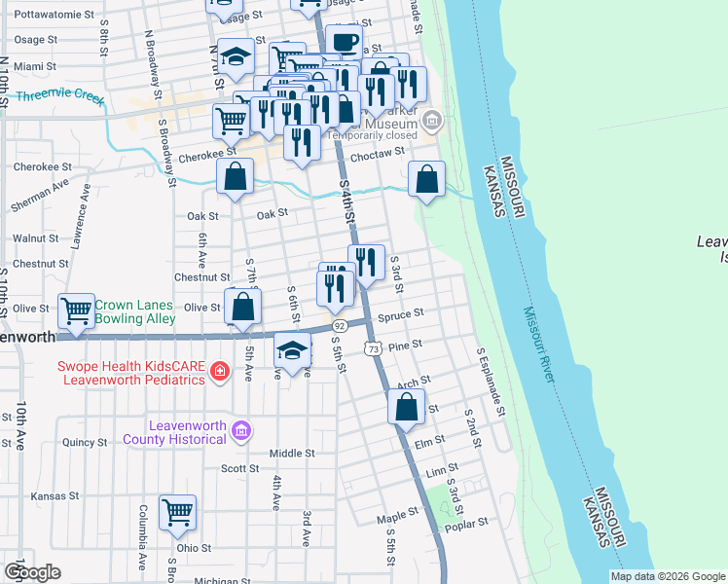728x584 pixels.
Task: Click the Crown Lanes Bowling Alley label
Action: point(134,310)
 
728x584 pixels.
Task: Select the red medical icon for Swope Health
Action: point(220,371)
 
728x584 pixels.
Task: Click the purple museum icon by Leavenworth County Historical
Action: point(242,430)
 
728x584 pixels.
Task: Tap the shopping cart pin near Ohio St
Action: point(177,512)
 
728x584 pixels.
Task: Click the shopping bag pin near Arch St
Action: point(406,407)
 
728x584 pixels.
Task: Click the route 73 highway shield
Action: point(372,347)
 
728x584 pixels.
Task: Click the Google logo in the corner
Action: point(32,572)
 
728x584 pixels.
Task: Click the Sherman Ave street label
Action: point(40,195)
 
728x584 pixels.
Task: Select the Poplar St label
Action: point(467,524)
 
